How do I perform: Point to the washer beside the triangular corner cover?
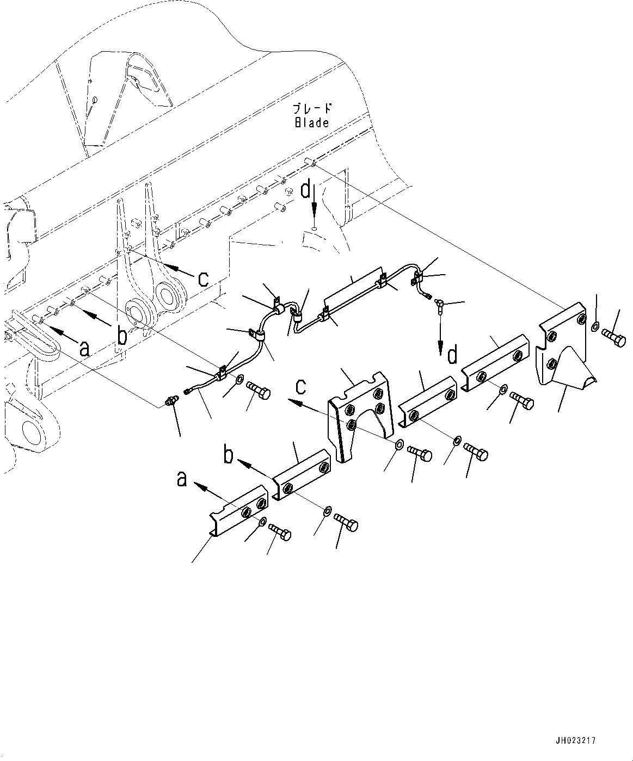click(x=594, y=326)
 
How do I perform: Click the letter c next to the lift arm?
click(x=202, y=279)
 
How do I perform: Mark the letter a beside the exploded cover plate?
click(x=183, y=479)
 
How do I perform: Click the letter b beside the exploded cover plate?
click(x=230, y=454)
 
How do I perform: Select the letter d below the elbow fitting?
click(x=452, y=356)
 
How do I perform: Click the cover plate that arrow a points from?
click(x=239, y=517)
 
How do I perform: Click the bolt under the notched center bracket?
click(x=419, y=453)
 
